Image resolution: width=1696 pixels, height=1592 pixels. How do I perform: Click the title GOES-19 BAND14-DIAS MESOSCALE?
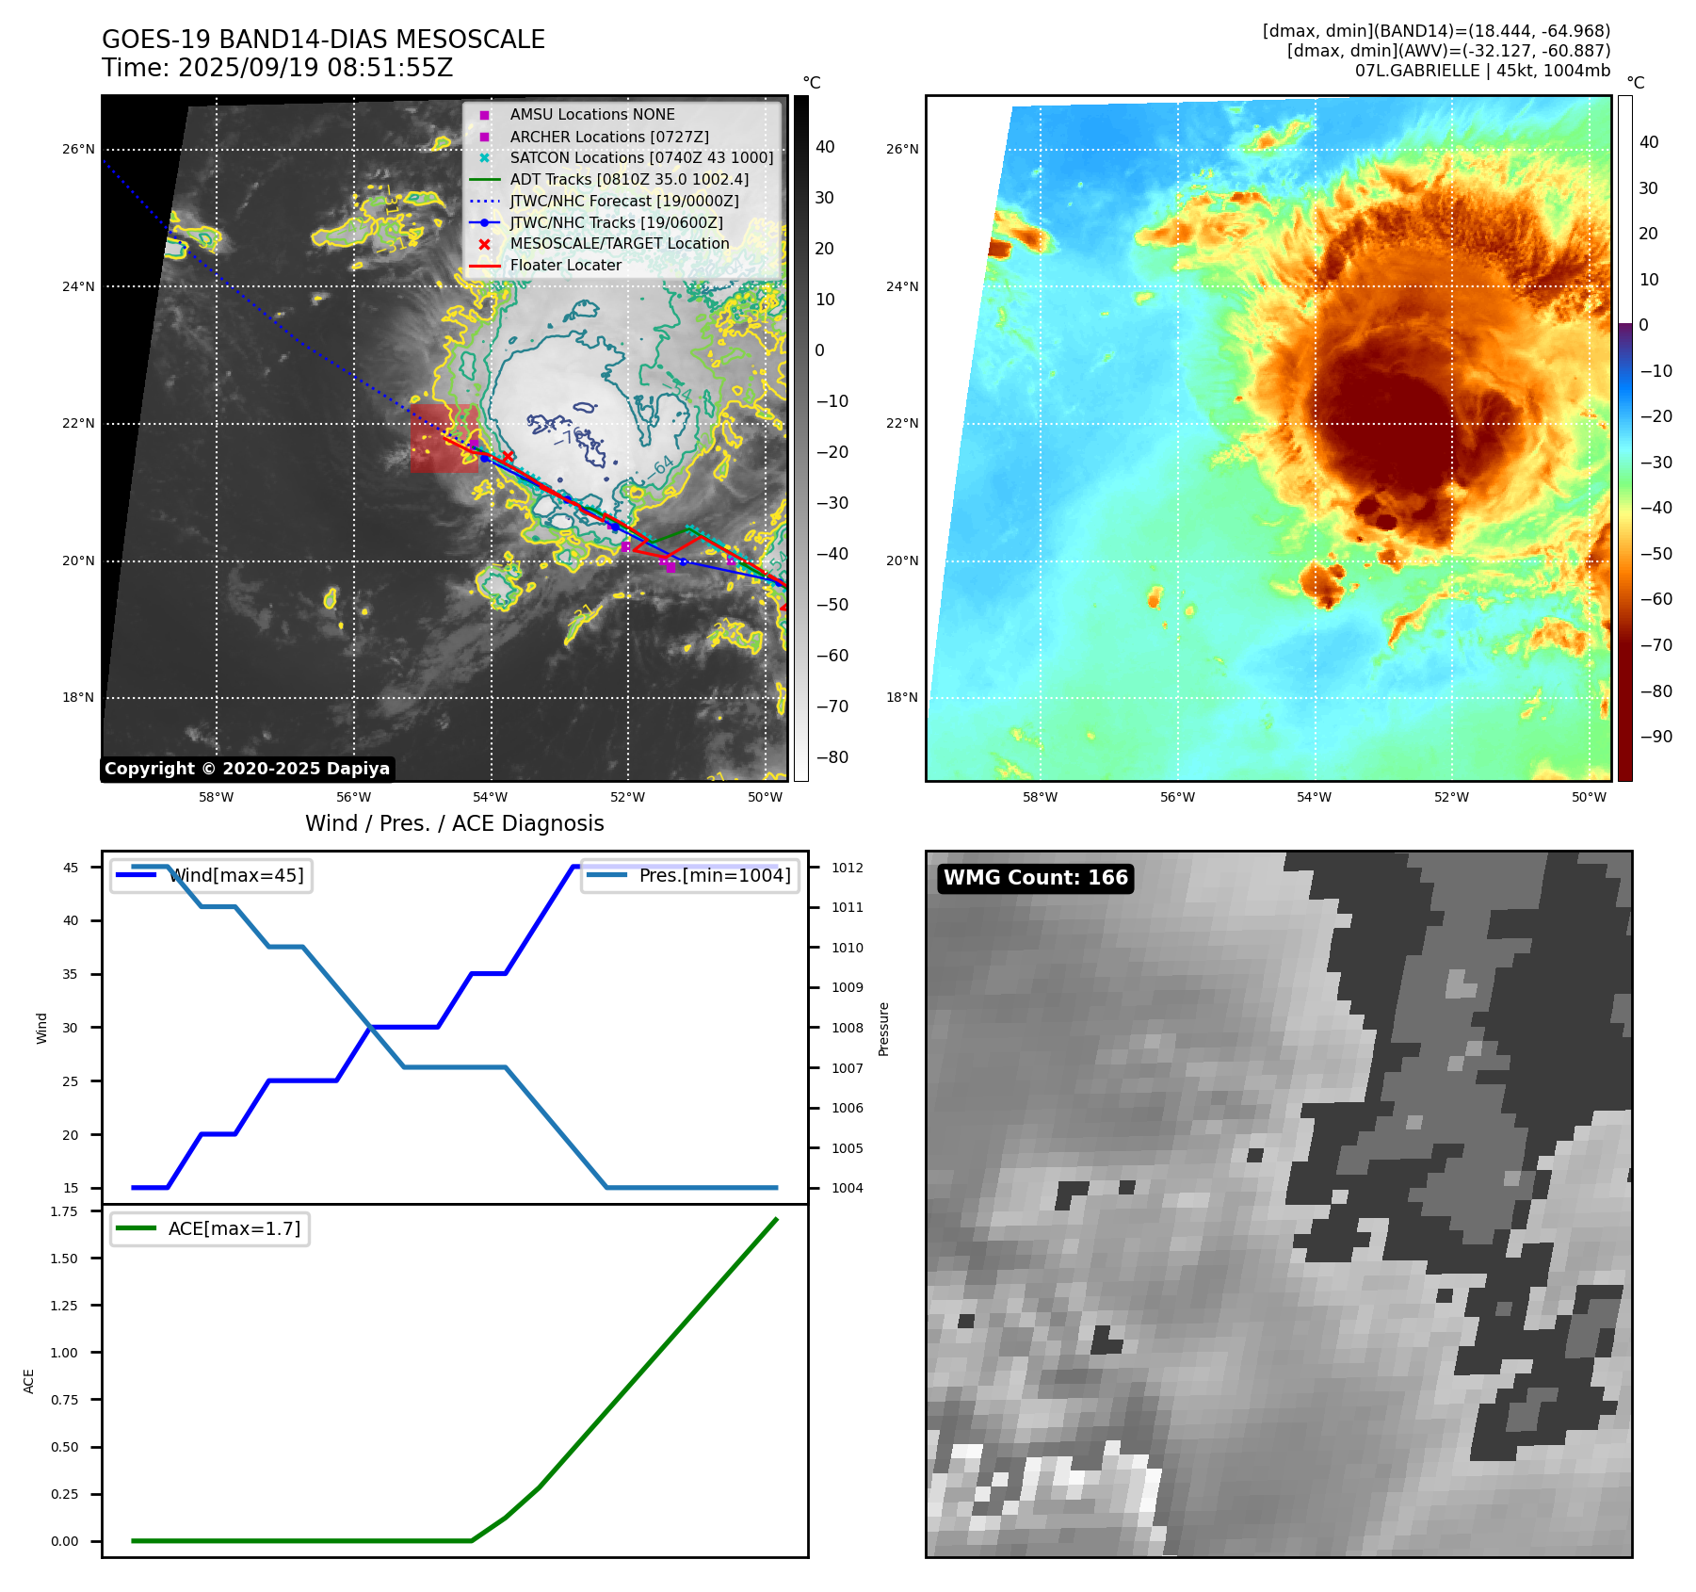tap(323, 40)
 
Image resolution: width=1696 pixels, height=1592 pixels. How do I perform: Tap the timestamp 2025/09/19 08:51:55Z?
tap(315, 68)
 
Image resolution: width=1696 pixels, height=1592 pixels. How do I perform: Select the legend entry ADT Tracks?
tap(628, 179)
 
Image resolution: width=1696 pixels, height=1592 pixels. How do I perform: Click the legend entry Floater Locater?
tap(565, 266)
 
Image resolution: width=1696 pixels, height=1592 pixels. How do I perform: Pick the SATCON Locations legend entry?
tap(640, 157)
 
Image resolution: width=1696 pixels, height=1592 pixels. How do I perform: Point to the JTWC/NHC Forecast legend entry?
tap(623, 201)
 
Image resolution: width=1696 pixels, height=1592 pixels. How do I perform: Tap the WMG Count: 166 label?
tap(1035, 878)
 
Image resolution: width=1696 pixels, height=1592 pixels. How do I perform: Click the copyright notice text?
tap(247, 769)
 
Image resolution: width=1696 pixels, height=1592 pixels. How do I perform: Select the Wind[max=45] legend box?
tap(211, 875)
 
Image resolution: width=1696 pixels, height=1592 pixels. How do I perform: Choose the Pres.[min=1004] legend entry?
tap(689, 875)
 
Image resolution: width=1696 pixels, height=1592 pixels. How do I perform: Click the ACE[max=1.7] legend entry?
tap(210, 1228)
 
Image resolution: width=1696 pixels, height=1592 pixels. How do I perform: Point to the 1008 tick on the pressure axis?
tap(847, 1028)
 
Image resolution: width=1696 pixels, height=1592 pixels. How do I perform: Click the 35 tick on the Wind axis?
tap(71, 974)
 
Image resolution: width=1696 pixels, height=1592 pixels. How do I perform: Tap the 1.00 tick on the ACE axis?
tap(65, 1353)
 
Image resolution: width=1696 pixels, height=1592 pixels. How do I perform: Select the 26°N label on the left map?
tap(78, 150)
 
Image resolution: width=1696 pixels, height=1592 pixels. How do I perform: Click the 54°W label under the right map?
tap(1314, 798)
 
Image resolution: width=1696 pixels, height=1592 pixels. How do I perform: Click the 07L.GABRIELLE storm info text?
tap(1482, 71)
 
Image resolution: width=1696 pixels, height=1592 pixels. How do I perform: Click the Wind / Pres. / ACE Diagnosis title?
tap(454, 823)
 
